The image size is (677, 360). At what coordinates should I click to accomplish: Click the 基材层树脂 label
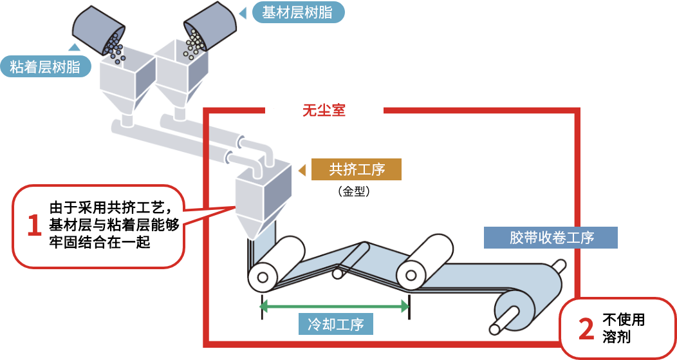pyautogui.click(x=298, y=12)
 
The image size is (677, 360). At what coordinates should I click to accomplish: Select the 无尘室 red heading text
pyautogui.click(x=324, y=110)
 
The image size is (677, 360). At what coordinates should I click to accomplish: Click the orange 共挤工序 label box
pyautogui.click(x=357, y=169)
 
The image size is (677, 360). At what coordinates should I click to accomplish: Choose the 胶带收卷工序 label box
pyautogui.click(x=550, y=238)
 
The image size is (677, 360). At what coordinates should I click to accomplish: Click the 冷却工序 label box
pyautogui.click(x=336, y=323)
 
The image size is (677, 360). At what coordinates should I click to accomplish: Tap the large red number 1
pyautogui.click(x=34, y=226)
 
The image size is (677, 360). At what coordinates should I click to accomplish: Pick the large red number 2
pyautogui.click(x=586, y=328)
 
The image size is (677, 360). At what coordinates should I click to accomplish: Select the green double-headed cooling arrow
pyautogui.click(x=335, y=306)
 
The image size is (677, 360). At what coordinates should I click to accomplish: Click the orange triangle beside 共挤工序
pyautogui.click(x=301, y=170)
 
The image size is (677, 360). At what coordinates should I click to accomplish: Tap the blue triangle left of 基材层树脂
pyautogui.click(x=243, y=12)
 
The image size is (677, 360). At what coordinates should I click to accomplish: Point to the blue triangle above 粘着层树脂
pyautogui.click(x=75, y=47)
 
